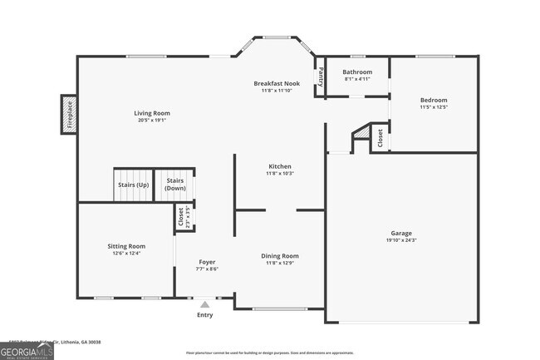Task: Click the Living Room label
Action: click(x=152, y=113)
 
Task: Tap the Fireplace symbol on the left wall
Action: click(x=70, y=115)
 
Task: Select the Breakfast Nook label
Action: click(x=277, y=84)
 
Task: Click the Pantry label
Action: click(x=321, y=76)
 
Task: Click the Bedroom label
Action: click(x=434, y=100)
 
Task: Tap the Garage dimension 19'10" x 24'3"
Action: click(x=401, y=240)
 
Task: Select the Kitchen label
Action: click(x=279, y=166)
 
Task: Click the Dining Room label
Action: click(x=279, y=255)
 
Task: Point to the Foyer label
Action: click(x=207, y=262)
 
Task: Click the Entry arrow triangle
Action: click(x=204, y=304)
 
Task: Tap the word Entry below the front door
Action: click(x=204, y=315)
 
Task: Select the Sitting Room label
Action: click(x=126, y=246)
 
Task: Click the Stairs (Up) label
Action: click(x=133, y=185)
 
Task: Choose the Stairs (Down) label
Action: click(x=175, y=185)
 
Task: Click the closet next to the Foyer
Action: click(x=181, y=216)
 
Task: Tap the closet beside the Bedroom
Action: click(x=380, y=137)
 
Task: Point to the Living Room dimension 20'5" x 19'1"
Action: click(x=152, y=120)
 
